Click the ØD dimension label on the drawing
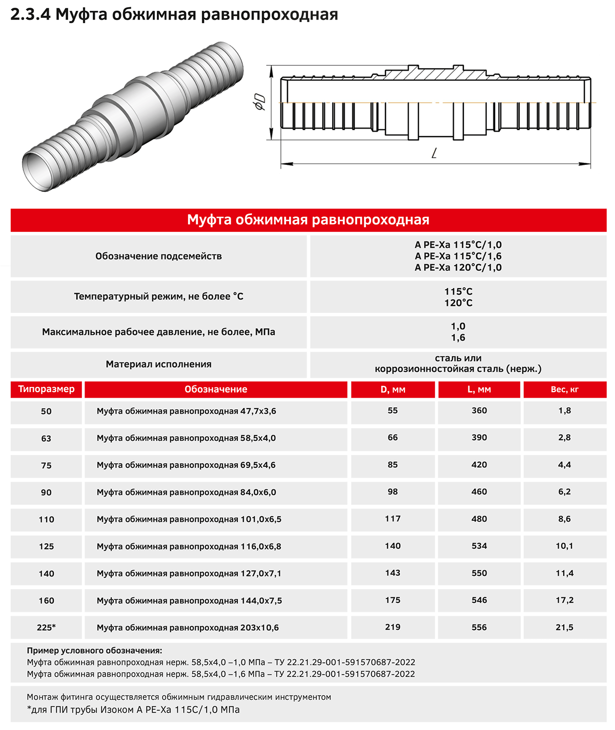pos(260,102)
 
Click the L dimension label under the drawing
pos(434,153)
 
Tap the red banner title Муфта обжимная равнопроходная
pos(308,220)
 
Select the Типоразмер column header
pos(46,389)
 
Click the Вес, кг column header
pos(564,390)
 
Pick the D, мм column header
pos(393,390)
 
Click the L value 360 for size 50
pos(479,411)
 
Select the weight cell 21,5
pos(564,627)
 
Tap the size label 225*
pos(46,628)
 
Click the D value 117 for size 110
pos(393,519)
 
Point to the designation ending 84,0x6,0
pos(187,492)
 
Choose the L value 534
pos(479,546)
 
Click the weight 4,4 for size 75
pos(564,465)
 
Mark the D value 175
pos(393,600)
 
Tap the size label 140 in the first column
pos(46,573)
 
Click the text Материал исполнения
pos(158,364)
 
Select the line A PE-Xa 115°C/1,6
pos(458,256)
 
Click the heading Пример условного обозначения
pos(94,651)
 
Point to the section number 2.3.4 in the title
pos(30,14)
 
